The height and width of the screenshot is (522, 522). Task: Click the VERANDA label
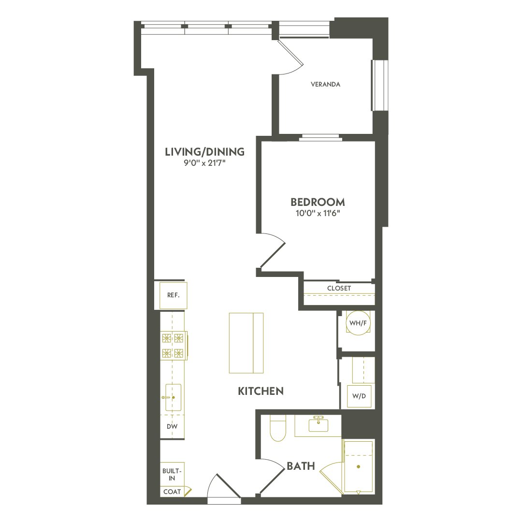point(325,85)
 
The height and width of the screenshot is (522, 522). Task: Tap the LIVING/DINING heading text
point(205,152)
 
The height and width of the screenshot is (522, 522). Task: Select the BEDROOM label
point(318,202)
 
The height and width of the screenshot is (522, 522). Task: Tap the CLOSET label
point(339,289)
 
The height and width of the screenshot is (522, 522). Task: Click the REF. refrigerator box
point(174,295)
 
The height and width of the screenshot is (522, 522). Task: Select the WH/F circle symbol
point(357,324)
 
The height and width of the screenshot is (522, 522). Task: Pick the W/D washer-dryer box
point(359,396)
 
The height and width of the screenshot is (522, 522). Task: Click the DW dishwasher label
point(173,427)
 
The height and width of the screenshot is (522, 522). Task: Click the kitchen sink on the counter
point(173,397)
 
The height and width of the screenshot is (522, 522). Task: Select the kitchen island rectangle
point(246,343)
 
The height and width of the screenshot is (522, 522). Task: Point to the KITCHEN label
point(261,391)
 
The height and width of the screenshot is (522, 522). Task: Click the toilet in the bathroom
point(278,429)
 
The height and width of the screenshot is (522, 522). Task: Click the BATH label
point(301,466)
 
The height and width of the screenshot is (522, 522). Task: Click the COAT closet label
point(172,492)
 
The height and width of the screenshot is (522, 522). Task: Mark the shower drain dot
point(358,467)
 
